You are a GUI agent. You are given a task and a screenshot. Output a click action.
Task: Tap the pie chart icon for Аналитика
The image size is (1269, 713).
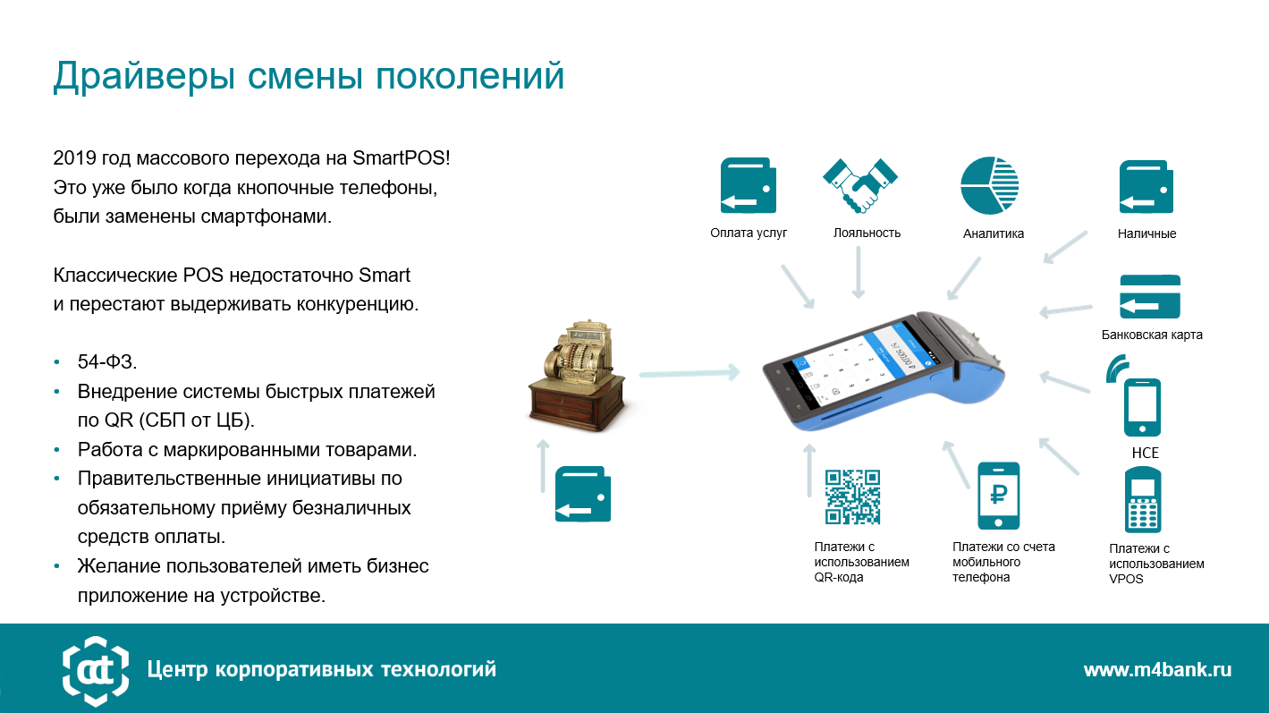click(x=990, y=186)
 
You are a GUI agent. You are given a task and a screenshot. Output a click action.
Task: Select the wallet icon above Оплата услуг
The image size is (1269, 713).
click(x=749, y=185)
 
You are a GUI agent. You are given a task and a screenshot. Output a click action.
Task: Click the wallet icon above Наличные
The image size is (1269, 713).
click(x=1146, y=187)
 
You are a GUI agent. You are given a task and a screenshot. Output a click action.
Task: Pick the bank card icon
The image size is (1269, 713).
click(x=1149, y=297)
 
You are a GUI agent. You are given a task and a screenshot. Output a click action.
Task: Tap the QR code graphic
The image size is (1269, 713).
click(x=852, y=497)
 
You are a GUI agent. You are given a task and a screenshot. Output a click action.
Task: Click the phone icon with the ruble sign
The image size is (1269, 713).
click(x=998, y=496)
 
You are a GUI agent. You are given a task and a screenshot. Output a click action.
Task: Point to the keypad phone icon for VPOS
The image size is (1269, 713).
click(x=1143, y=500)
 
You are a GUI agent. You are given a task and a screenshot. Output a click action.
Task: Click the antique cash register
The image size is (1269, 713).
click(x=578, y=376)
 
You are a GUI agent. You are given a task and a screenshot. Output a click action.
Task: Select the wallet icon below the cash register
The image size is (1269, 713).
click(x=583, y=494)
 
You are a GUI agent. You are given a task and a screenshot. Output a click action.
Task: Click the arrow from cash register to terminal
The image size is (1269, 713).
click(x=690, y=373)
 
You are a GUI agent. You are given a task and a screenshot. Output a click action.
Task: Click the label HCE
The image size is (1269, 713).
click(x=1145, y=453)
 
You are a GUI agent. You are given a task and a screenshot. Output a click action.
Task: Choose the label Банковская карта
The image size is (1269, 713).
click(x=1152, y=335)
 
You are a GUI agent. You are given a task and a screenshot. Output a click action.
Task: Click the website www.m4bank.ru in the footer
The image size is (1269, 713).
click(x=1157, y=670)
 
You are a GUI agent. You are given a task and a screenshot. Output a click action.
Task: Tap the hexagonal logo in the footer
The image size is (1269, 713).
click(x=96, y=671)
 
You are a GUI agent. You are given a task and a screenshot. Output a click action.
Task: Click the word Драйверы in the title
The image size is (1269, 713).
click(x=144, y=76)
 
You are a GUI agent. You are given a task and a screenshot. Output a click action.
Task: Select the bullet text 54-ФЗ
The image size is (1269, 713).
click(x=107, y=361)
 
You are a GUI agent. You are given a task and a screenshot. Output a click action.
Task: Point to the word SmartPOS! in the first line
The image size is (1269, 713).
click(x=402, y=157)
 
